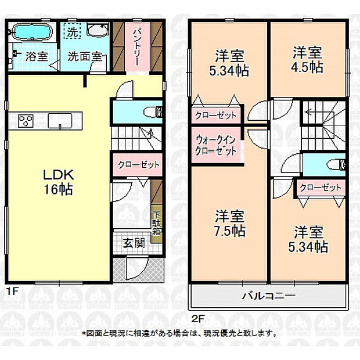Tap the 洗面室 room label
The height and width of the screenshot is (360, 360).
tap(85, 57)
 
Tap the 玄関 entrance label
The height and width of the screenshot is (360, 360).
tap(134, 243)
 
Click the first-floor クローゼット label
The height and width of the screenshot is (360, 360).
tap(138, 165)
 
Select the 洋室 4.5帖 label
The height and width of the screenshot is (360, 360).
tap(307, 59)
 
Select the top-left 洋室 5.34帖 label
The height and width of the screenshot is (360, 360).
tap(229, 64)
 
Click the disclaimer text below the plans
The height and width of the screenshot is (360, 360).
tap(179, 333)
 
